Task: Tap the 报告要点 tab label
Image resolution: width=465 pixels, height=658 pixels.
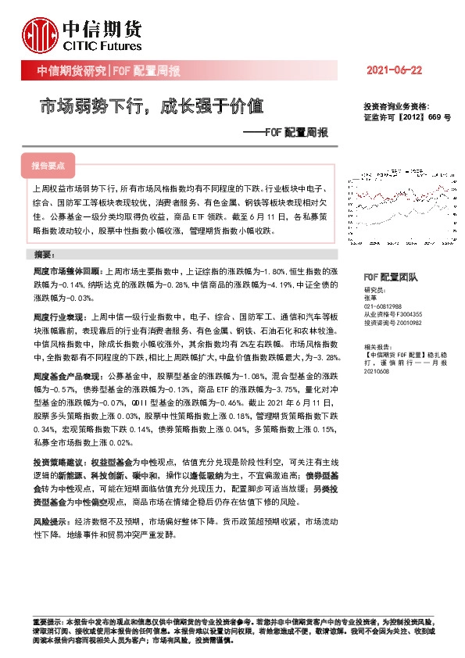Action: coord(48,166)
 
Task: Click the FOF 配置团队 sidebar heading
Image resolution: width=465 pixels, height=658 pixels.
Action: coord(392,277)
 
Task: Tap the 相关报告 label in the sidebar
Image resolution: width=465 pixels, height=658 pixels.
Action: coord(378,345)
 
